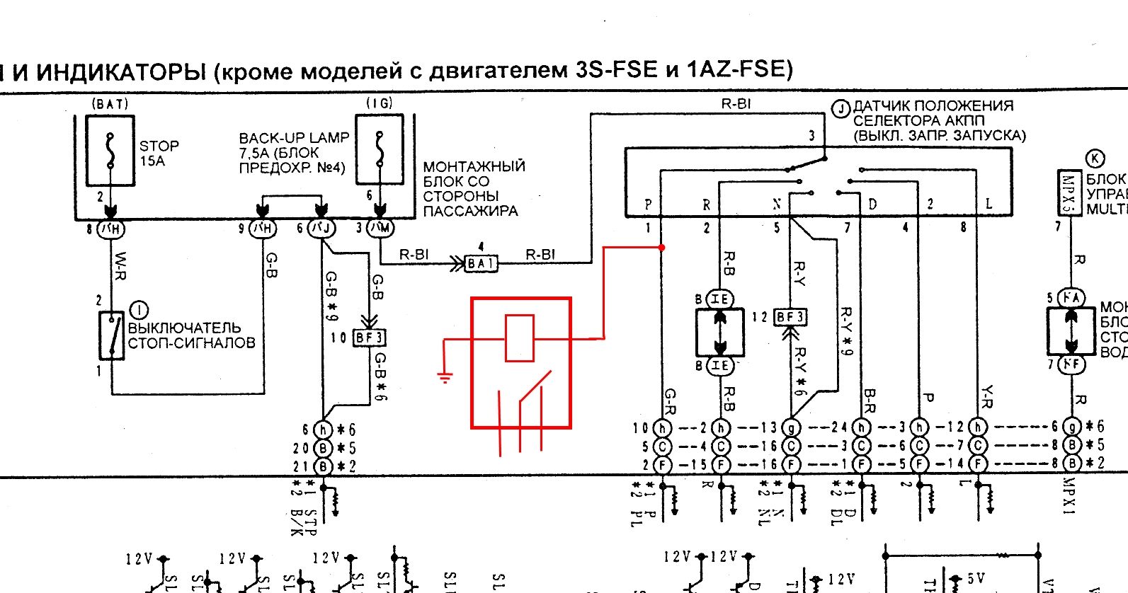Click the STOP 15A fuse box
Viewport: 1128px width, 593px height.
[110, 151]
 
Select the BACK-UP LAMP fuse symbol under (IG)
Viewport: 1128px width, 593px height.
[380, 151]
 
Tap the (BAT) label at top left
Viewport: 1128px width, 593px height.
[110, 104]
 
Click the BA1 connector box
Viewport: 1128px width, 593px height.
[481, 264]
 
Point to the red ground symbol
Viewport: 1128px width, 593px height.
[445, 376]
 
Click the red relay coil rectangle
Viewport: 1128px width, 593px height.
[519, 338]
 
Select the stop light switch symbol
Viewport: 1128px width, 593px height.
[112, 335]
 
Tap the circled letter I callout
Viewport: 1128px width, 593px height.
[139, 310]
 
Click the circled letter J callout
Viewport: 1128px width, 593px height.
[841, 109]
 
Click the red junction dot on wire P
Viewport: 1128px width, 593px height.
[661, 248]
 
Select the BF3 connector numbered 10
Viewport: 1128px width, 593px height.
[369, 338]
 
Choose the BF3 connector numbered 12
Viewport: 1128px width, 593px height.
[790, 317]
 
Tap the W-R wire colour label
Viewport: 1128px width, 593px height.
[120, 265]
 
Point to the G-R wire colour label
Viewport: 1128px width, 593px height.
[669, 401]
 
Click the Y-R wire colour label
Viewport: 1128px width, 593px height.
[987, 398]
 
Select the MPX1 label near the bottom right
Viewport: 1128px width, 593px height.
[1069, 496]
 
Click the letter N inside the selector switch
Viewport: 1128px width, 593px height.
[776, 204]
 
